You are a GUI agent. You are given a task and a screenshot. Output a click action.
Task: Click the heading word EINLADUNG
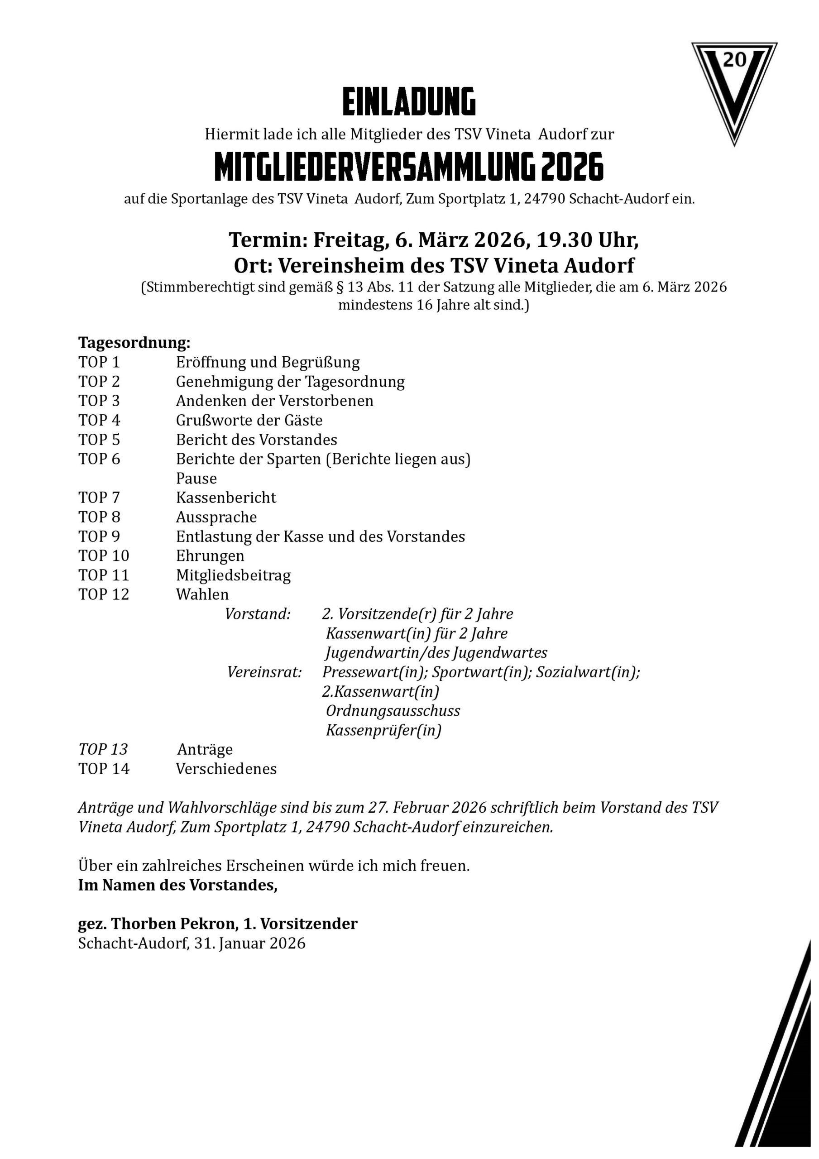[x=409, y=101]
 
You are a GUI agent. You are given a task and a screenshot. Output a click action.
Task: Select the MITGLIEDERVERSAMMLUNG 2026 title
[x=409, y=167]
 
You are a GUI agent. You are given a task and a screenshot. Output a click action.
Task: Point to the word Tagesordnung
[x=134, y=343]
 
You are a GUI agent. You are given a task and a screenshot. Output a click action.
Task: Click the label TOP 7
[x=99, y=498]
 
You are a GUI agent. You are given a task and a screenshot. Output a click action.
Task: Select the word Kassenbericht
[x=226, y=498]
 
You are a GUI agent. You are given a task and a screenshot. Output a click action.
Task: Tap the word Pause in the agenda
[x=196, y=478]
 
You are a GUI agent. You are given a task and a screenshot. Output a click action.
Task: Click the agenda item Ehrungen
[x=210, y=556]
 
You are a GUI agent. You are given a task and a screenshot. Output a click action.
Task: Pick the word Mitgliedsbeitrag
[x=233, y=575]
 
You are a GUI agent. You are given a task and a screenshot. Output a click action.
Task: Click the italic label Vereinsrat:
[x=264, y=672]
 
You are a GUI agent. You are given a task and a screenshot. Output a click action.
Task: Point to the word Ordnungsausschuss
[x=393, y=711]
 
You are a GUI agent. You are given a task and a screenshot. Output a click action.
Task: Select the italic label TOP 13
[x=103, y=749]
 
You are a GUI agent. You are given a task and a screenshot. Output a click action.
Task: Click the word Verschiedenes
[x=226, y=769]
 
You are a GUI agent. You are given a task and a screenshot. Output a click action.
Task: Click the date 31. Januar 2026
[x=249, y=943]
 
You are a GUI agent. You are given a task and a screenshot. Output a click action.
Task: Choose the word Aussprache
[x=216, y=517]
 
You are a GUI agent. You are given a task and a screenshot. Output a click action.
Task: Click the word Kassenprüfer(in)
[x=383, y=730]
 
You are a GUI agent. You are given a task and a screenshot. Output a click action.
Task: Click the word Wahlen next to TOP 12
[x=202, y=594]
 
